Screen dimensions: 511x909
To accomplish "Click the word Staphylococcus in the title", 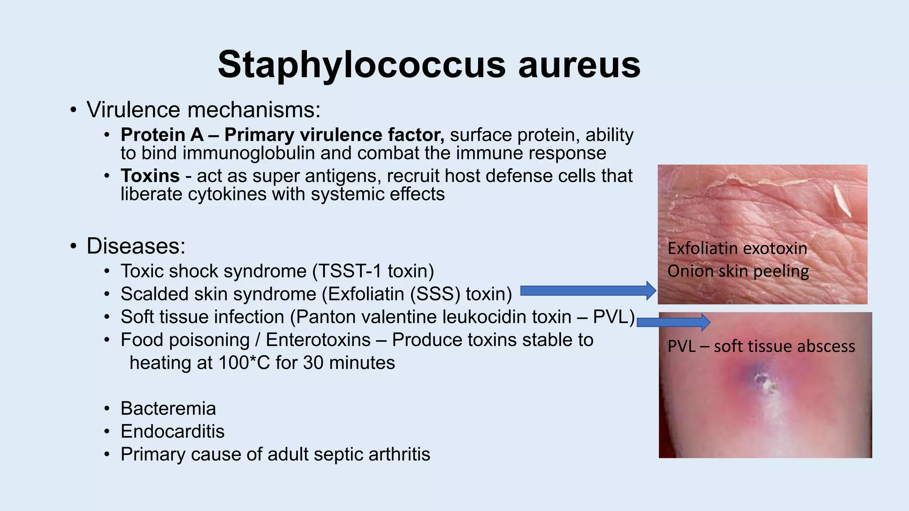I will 361,65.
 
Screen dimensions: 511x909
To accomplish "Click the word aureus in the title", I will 579,65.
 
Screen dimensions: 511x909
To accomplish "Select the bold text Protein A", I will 162,135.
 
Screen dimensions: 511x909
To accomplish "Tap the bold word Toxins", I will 150,176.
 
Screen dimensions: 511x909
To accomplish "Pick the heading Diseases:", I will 136,246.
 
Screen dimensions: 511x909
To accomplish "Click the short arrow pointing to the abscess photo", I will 673,322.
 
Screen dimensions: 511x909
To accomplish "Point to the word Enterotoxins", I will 318,340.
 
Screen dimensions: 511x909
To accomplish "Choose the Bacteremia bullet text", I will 168,409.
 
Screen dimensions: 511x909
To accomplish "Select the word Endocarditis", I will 173,432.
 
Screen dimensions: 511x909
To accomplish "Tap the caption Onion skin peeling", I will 738,271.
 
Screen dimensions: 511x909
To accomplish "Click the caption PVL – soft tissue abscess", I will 761,346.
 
